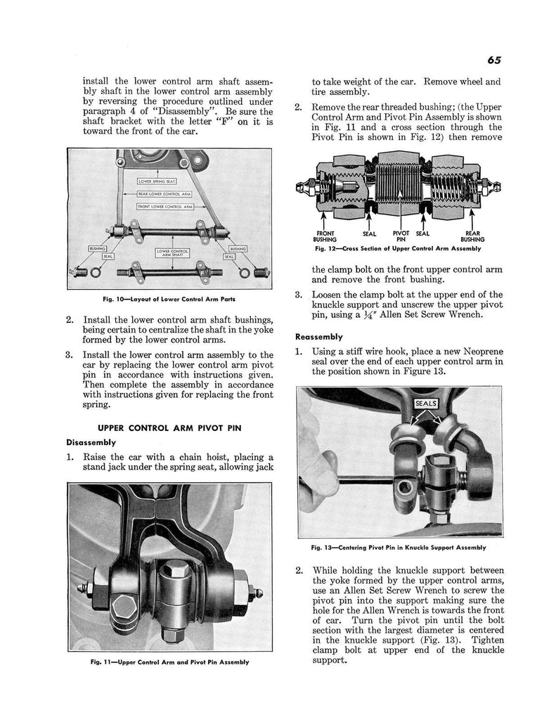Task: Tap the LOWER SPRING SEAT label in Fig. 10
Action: (x=157, y=181)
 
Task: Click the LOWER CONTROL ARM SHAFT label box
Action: (x=167, y=253)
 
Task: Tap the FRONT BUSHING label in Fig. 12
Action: (x=325, y=236)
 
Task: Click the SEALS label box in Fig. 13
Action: (x=427, y=404)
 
